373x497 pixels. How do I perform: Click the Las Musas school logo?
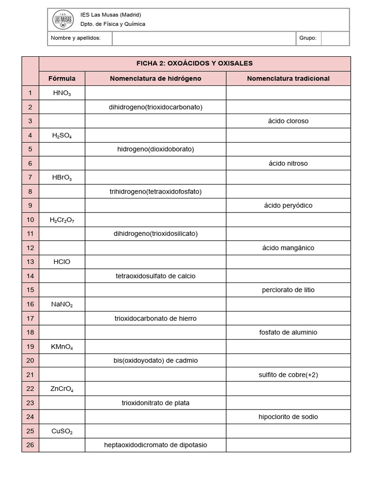[x=63, y=20]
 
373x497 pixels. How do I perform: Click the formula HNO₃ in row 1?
[x=62, y=93]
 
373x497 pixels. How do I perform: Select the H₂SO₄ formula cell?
[x=62, y=135]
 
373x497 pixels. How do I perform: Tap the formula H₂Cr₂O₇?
[x=62, y=220]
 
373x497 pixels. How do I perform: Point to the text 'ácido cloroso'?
[x=288, y=121]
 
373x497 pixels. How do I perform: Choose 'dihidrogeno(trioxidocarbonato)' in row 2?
[x=155, y=107]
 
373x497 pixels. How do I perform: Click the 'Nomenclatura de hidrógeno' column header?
[x=155, y=79]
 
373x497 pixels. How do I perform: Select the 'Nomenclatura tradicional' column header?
[x=288, y=79]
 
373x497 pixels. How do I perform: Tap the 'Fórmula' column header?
[x=62, y=79]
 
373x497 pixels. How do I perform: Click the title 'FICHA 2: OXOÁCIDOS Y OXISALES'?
[x=194, y=64]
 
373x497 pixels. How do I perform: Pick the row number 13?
[x=30, y=262]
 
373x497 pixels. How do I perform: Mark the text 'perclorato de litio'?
[x=288, y=290]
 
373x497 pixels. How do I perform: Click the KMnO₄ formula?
[x=62, y=347]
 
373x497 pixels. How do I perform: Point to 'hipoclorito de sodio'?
[x=288, y=416]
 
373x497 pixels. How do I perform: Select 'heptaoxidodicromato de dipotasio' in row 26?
[x=155, y=445]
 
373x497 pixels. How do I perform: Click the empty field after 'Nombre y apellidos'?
[x=204, y=38]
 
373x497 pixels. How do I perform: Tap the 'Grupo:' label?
[x=308, y=38]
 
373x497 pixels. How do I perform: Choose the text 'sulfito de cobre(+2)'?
[x=288, y=375]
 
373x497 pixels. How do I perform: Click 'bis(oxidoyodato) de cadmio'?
[x=155, y=361]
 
